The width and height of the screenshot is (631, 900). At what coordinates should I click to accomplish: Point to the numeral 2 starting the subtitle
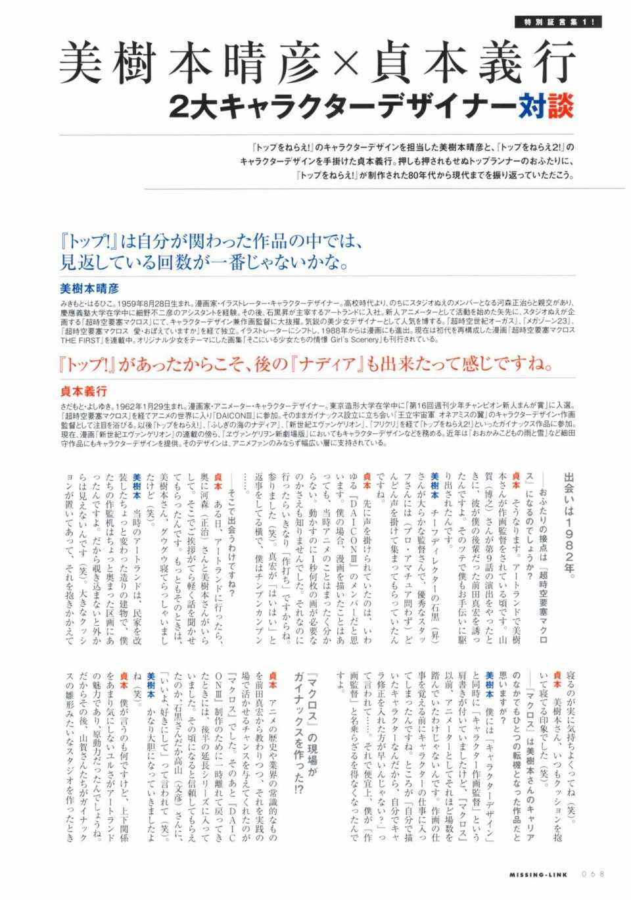(x=179, y=107)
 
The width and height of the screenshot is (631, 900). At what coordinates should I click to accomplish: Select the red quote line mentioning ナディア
(x=303, y=364)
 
